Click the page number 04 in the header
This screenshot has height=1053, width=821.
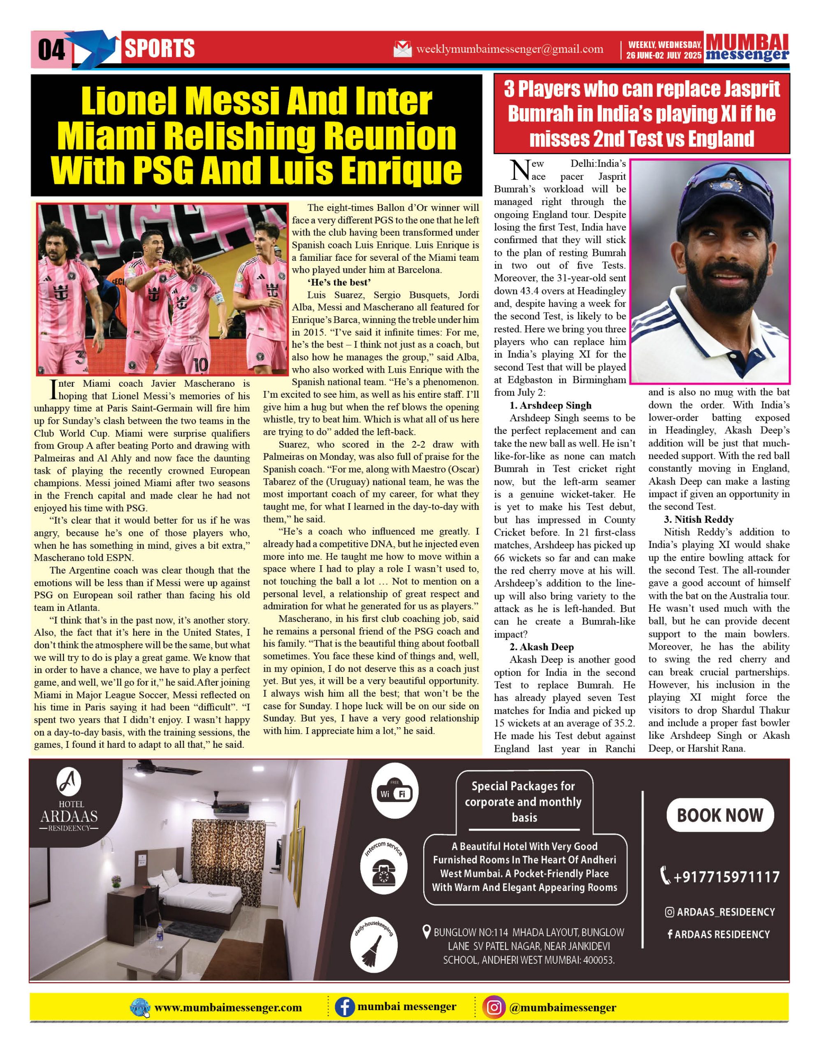(x=51, y=50)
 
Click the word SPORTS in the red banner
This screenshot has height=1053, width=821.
(x=160, y=49)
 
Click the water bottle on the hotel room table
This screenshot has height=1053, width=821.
(x=159, y=940)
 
